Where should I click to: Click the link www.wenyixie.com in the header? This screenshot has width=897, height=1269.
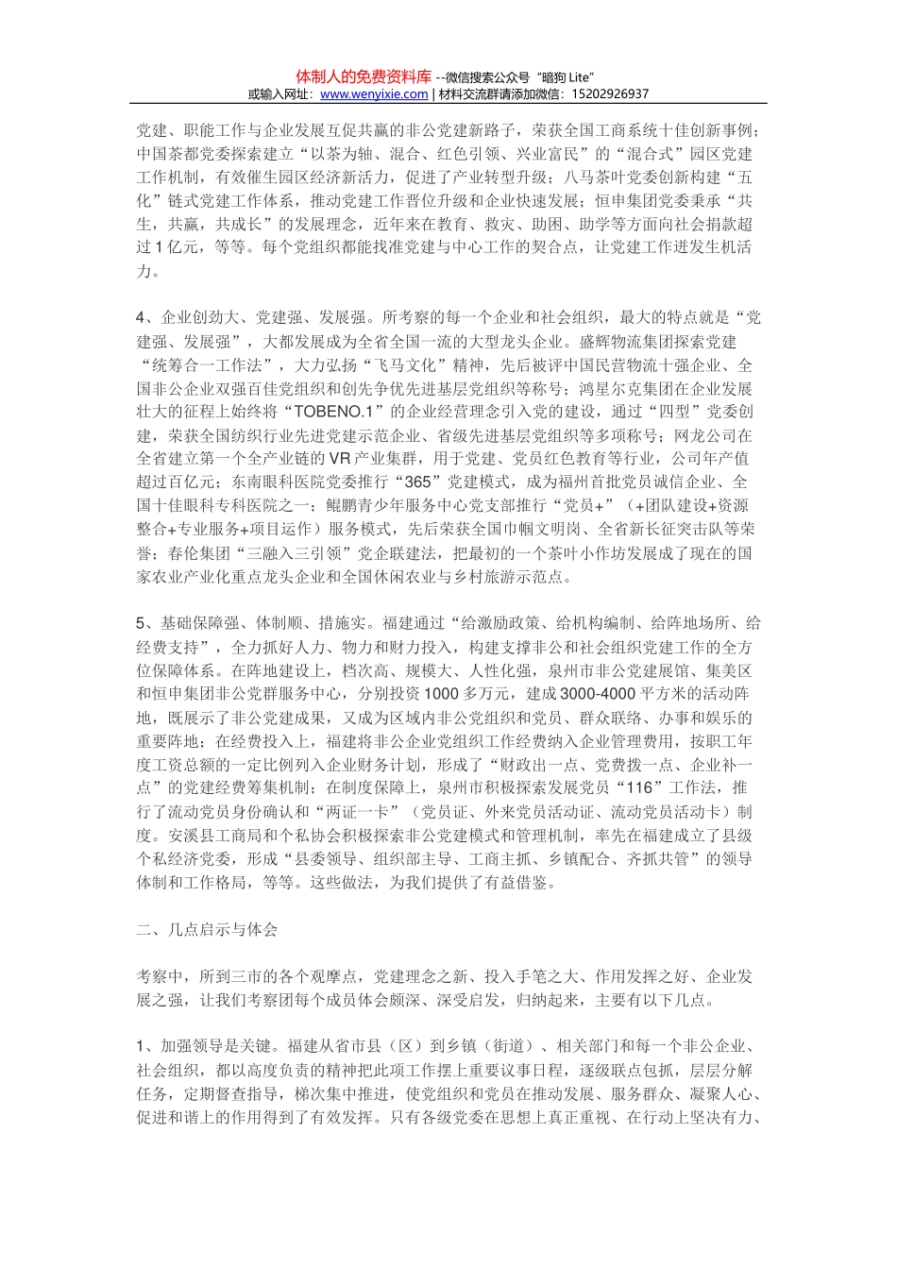pyautogui.click(x=374, y=94)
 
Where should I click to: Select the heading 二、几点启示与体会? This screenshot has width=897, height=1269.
pyautogui.click(x=207, y=930)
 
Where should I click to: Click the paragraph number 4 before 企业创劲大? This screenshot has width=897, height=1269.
pyautogui.click(x=141, y=318)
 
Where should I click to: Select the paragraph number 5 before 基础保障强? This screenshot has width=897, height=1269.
pyautogui.click(x=141, y=623)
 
